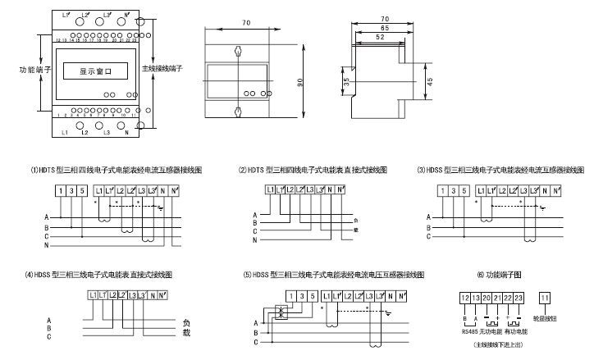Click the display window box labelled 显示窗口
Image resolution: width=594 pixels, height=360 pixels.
pos(95,71)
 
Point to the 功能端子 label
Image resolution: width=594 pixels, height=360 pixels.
pos(35,71)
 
